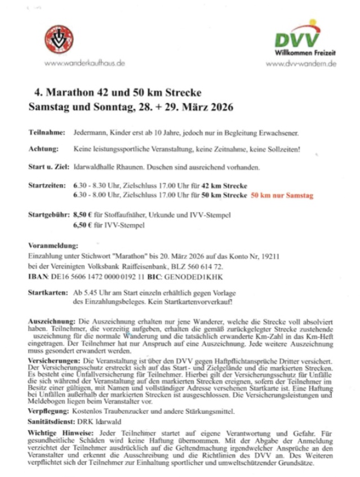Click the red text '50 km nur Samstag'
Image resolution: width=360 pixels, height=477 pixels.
281,195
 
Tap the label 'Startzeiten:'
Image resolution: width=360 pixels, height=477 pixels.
47,185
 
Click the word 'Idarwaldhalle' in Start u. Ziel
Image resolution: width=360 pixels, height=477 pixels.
94,167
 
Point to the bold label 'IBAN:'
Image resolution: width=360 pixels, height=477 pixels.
38,277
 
